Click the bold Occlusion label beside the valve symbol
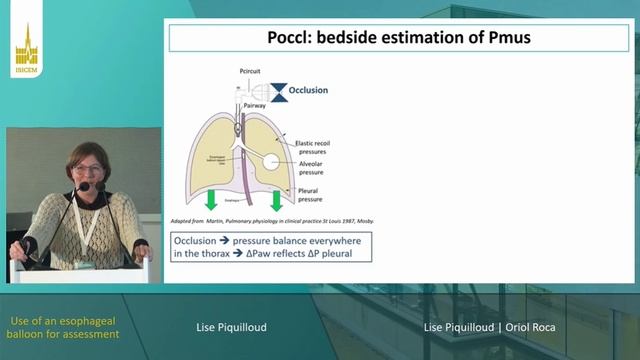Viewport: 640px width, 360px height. click(x=308, y=91)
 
